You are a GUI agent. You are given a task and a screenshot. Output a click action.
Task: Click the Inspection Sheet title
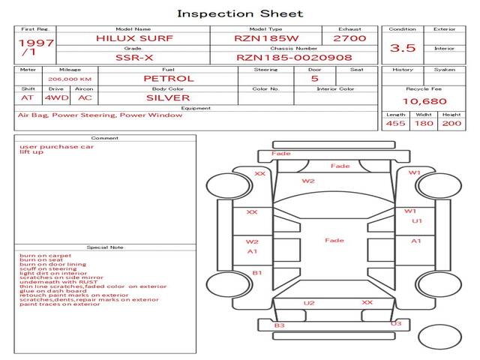click(240, 13)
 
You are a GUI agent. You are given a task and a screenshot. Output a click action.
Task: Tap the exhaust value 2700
click(349, 37)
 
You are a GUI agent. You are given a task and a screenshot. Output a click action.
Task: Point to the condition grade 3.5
click(403, 47)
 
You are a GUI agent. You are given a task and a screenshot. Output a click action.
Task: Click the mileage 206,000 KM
click(70, 79)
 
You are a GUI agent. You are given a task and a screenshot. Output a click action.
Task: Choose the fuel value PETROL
click(168, 79)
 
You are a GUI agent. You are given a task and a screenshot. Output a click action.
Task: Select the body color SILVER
click(168, 97)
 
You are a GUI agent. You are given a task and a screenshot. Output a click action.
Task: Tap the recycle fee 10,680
click(424, 101)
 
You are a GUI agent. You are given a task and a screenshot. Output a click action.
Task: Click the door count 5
click(314, 79)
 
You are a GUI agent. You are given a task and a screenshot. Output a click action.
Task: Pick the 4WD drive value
click(55, 97)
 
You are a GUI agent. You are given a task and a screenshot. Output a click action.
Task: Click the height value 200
click(451, 123)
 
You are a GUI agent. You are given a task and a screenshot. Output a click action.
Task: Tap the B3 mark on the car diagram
click(279, 325)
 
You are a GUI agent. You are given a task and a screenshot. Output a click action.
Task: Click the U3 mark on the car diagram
click(396, 323)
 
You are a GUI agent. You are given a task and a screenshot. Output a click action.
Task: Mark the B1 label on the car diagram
click(256, 273)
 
